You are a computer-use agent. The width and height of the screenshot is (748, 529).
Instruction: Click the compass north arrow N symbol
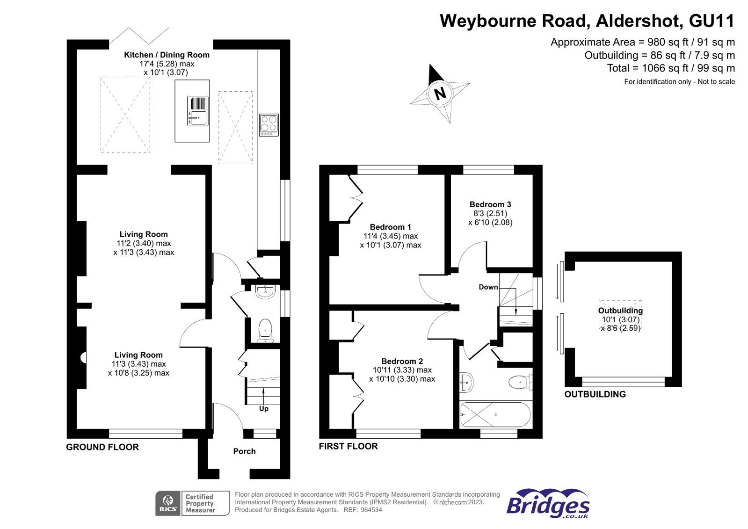[x=440, y=93]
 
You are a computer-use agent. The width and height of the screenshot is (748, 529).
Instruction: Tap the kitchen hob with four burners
[x=269, y=125]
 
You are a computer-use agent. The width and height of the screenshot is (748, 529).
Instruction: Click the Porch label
[x=244, y=451]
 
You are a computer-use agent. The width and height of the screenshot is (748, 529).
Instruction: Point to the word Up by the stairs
[x=264, y=409]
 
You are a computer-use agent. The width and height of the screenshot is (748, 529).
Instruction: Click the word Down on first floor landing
[x=488, y=287]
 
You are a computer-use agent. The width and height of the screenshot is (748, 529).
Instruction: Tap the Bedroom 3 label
[x=490, y=204]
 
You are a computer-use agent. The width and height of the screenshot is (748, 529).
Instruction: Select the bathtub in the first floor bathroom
[x=495, y=414]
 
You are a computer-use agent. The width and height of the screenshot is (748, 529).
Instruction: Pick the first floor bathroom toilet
[x=520, y=382]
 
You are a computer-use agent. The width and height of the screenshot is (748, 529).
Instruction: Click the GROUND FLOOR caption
[x=102, y=447]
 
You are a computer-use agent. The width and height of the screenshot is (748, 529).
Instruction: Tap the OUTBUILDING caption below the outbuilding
[x=595, y=394]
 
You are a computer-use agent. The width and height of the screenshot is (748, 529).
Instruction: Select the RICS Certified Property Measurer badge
[x=192, y=503]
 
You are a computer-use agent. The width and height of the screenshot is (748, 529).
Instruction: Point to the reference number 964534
[x=371, y=510]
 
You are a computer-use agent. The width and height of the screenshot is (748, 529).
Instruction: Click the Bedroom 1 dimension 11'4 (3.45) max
[x=391, y=236]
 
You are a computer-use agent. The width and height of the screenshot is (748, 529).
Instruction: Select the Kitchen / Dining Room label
[x=167, y=55]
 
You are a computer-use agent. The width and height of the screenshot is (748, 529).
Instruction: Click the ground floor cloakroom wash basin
[x=265, y=291]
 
